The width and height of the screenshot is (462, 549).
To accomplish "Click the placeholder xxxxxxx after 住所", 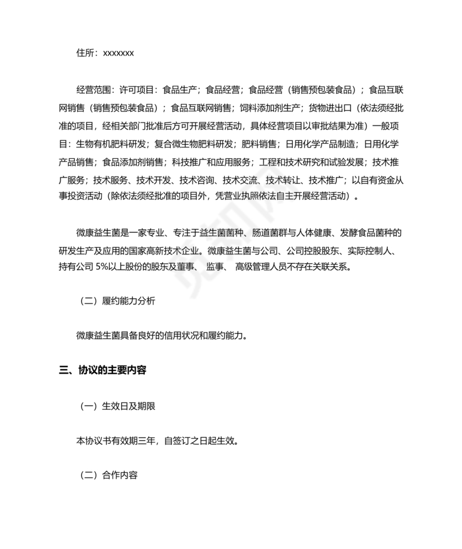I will (x=117, y=53).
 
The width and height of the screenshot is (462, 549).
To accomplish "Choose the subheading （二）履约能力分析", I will (x=116, y=301).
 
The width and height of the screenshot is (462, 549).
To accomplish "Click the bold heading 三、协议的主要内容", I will (x=103, y=370).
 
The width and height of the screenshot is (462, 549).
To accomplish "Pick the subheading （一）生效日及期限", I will (x=116, y=406).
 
